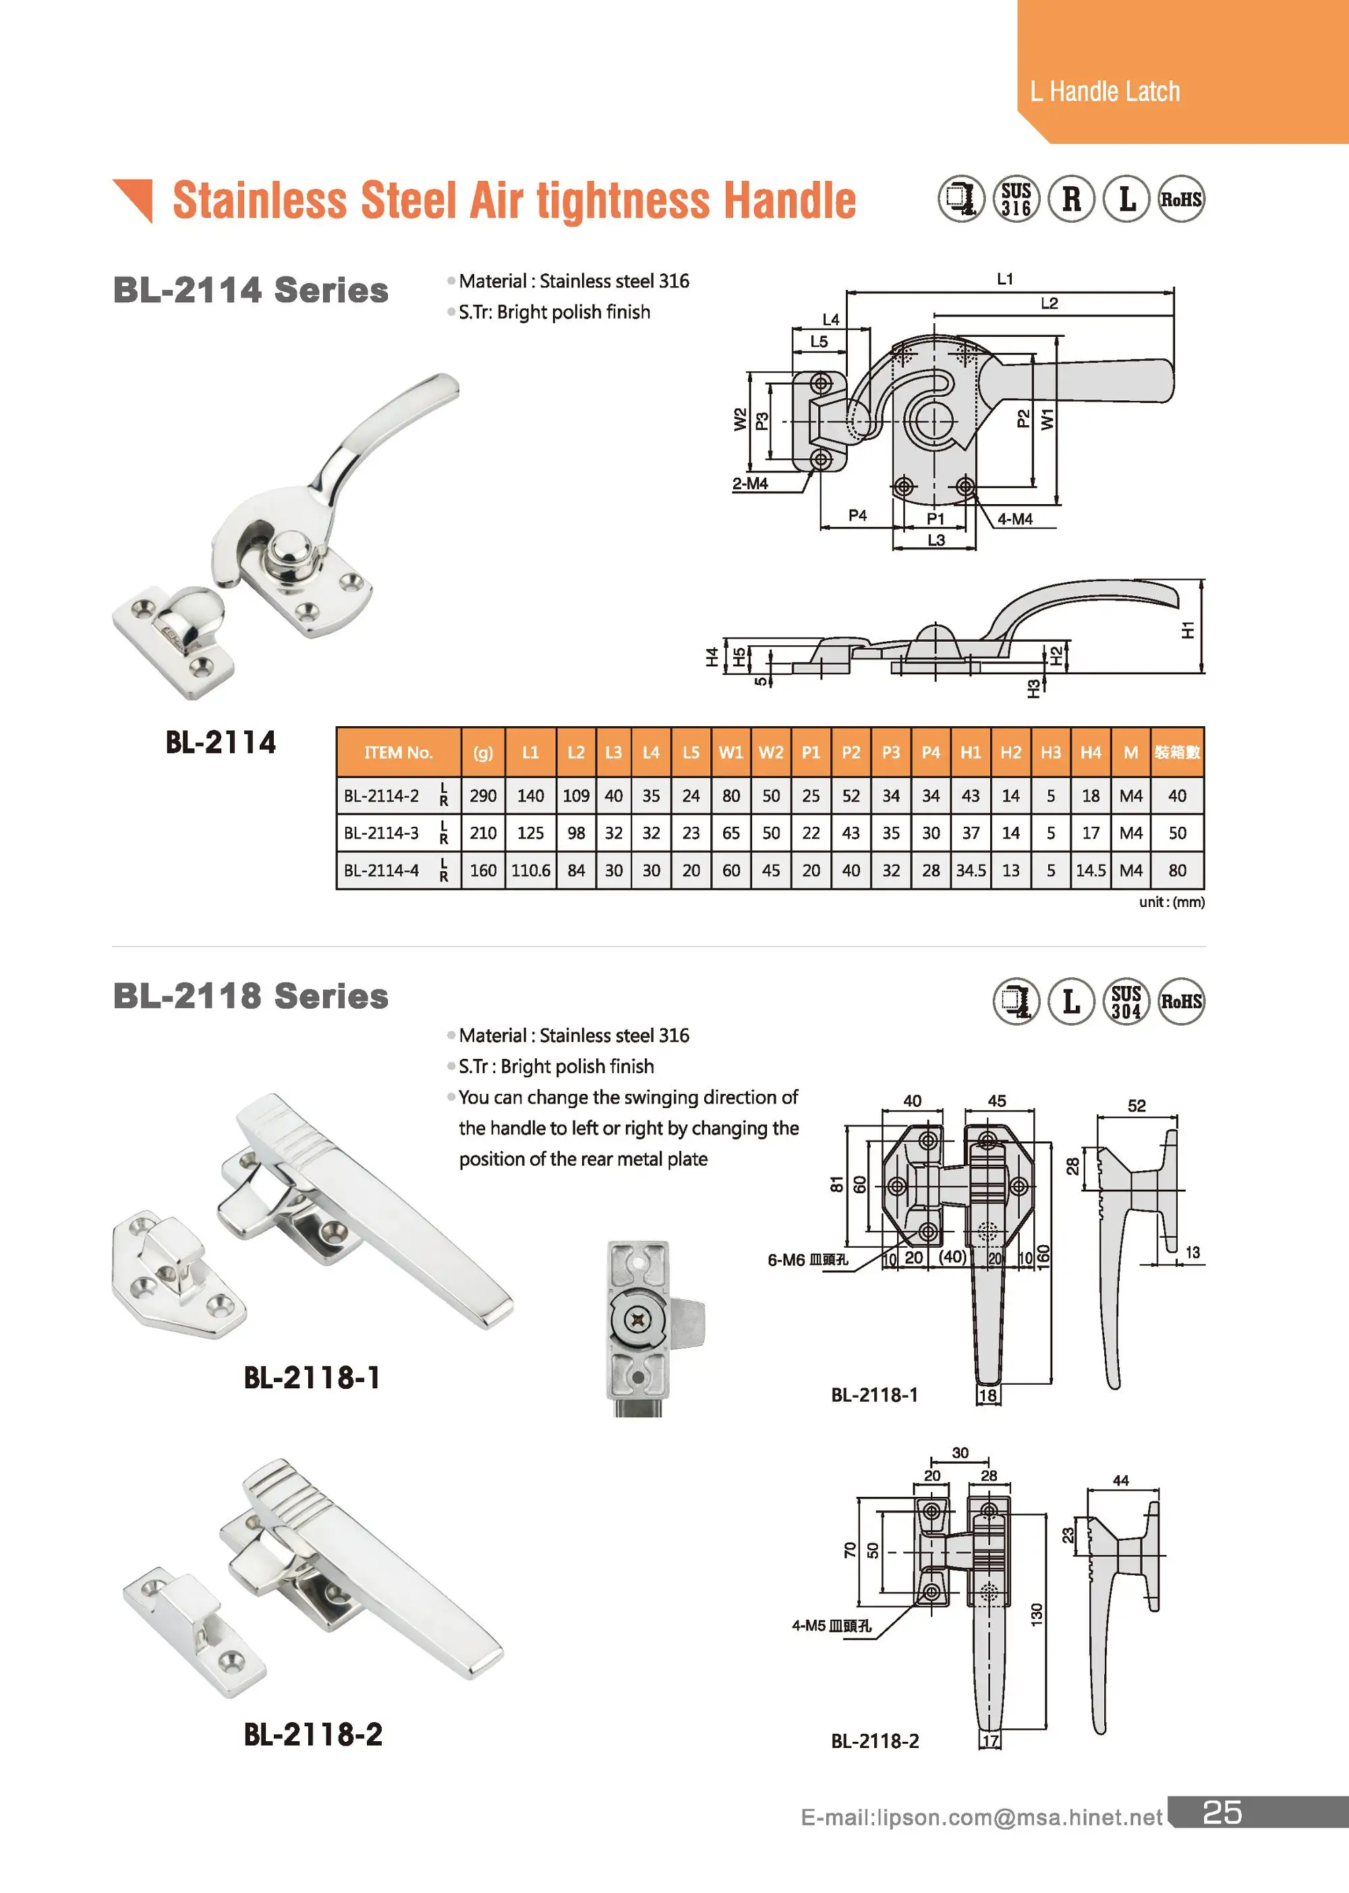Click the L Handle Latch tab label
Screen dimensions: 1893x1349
tap(1104, 91)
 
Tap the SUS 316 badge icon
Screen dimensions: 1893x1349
tap(1016, 200)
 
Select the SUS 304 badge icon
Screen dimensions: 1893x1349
tap(1126, 1002)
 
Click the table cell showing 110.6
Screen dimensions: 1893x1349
tap(530, 870)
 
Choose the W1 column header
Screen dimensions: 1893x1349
tap(730, 752)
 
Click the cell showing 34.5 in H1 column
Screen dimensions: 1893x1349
tap(970, 870)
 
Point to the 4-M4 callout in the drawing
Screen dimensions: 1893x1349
tap(1014, 518)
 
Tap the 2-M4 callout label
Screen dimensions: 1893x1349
tap(749, 484)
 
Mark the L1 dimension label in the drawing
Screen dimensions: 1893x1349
tap(1004, 279)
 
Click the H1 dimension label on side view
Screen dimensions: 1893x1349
tap(1188, 629)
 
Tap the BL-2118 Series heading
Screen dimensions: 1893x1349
tap(250, 995)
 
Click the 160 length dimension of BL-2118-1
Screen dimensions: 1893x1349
tap(1043, 1256)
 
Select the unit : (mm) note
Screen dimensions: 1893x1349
tap(1171, 902)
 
